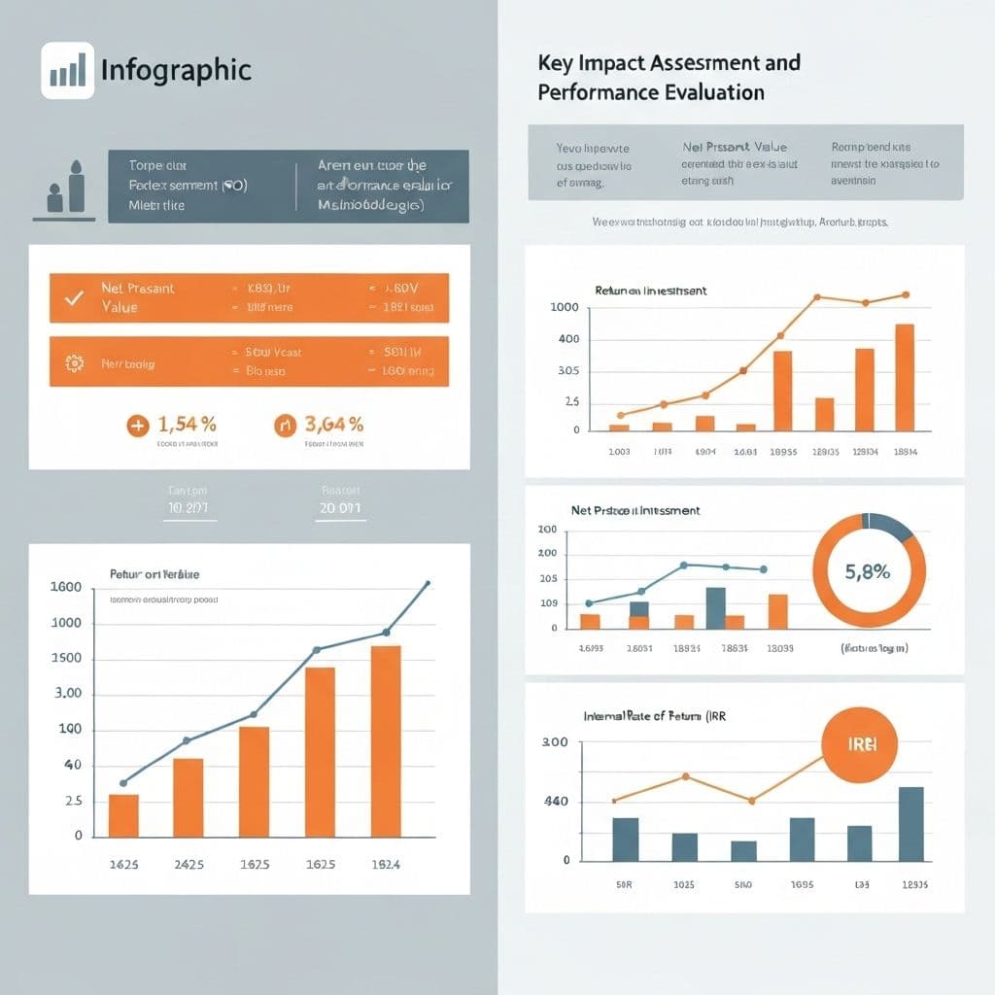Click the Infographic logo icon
click(67, 70)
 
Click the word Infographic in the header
click(176, 70)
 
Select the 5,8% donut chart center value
click(868, 572)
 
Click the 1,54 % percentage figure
click(186, 424)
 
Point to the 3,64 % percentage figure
click(333, 424)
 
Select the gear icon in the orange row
click(73, 363)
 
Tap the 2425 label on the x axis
click(188, 864)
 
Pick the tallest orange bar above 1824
click(386, 740)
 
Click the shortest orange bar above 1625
click(123, 815)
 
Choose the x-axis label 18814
click(904, 452)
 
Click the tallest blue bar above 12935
click(910, 824)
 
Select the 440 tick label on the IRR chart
click(552, 802)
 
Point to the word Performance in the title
click(593, 93)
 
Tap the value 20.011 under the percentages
click(339, 507)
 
